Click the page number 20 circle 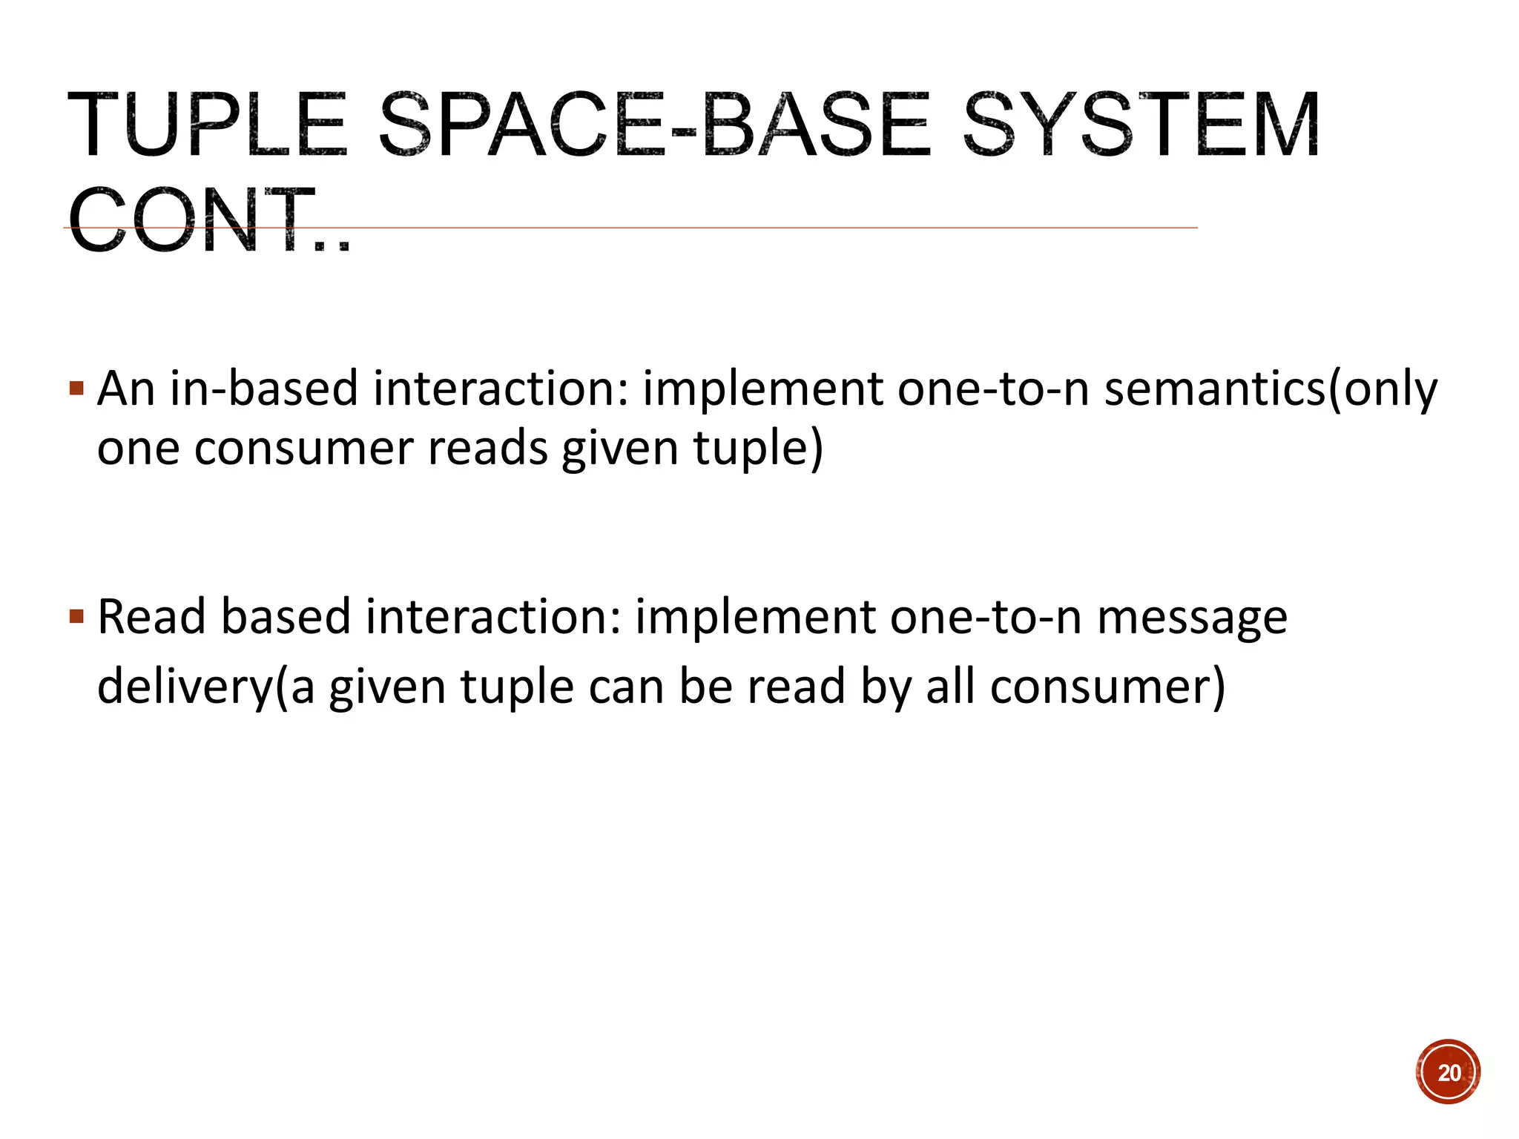(x=1448, y=1072)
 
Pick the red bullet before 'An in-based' (x=76, y=388)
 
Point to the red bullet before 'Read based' (x=76, y=616)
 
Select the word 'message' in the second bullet (x=1192, y=618)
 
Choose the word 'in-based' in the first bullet (x=264, y=389)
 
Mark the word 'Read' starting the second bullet (x=150, y=618)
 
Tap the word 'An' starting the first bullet (x=125, y=389)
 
